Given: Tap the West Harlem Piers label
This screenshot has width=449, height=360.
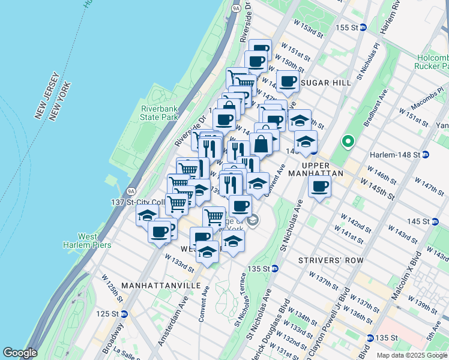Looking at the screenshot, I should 80,240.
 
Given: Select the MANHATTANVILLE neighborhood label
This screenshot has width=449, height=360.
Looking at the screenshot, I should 161,286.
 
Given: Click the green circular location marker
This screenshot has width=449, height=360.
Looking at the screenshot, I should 347,143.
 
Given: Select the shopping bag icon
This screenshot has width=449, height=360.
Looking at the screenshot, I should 261,144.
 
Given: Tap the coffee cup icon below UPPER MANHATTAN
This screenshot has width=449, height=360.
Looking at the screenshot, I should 321,186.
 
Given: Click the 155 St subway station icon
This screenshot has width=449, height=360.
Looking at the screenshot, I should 363,28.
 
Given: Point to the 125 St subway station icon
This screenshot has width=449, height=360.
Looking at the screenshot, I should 124,314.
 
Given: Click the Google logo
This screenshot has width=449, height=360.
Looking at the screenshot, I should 20,353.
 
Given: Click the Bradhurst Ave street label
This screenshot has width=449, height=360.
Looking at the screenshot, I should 375,106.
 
